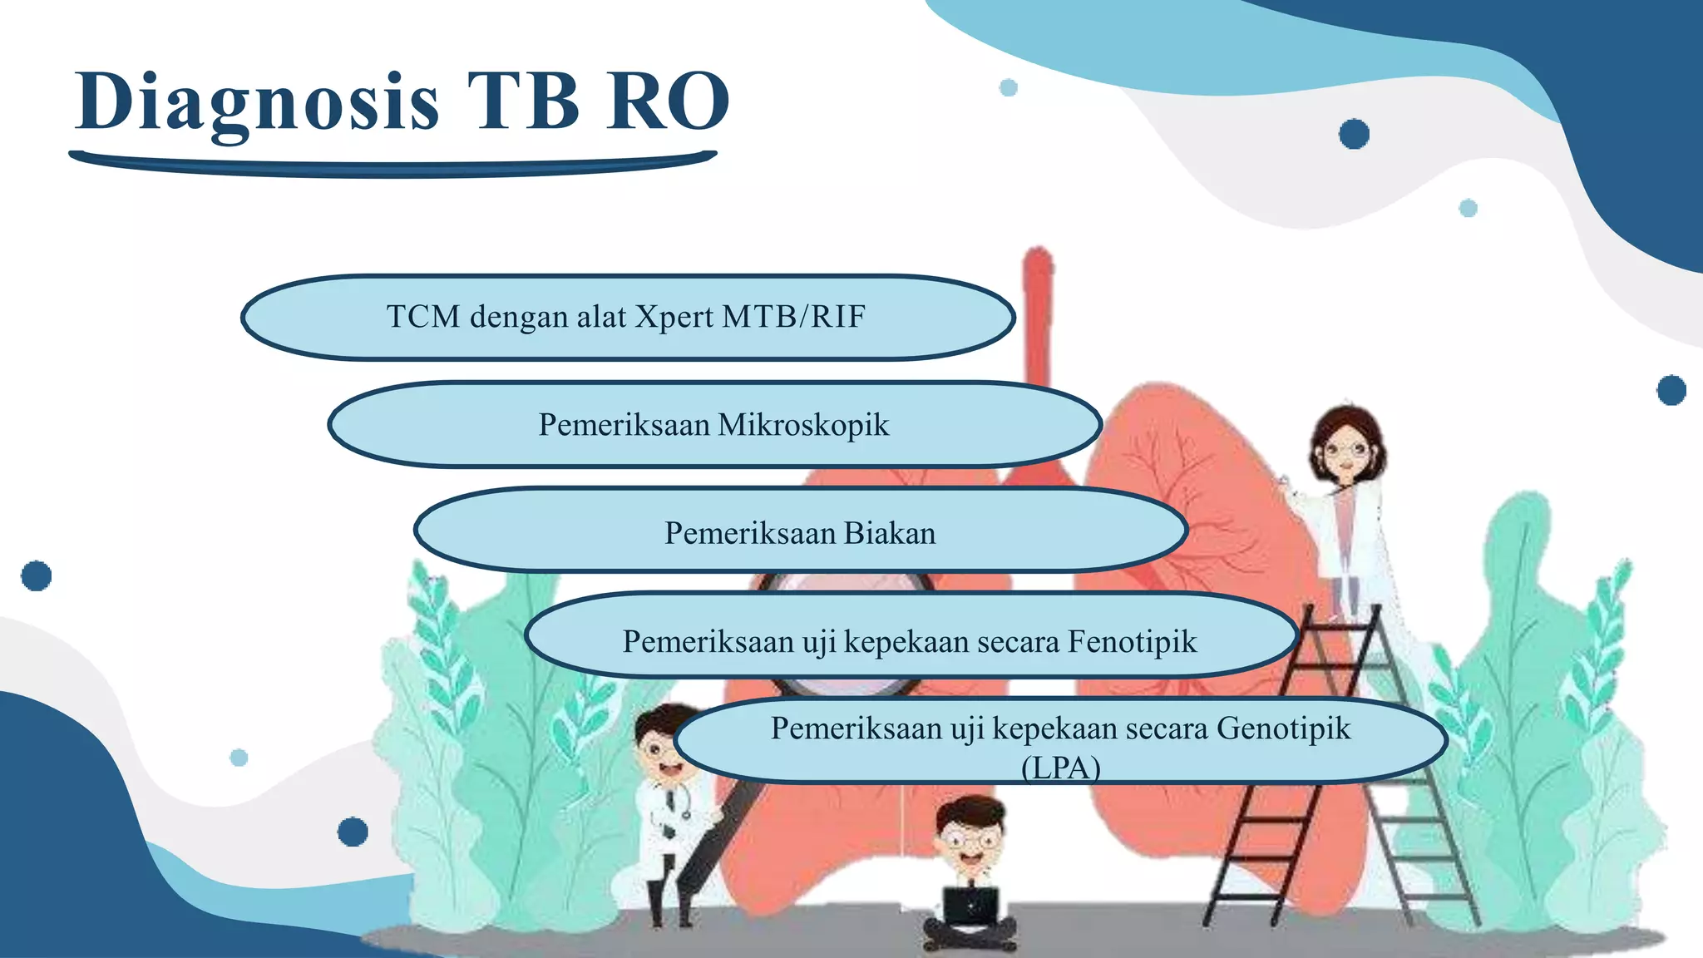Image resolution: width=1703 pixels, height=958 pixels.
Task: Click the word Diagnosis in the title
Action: click(x=257, y=102)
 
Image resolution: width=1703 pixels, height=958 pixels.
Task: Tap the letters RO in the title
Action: click(x=668, y=102)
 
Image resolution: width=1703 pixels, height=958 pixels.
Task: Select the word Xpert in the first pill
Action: click(x=674, y=317)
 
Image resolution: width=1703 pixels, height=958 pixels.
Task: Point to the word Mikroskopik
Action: click(x=803, y=425)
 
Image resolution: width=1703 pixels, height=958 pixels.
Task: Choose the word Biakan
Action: click(x=890, y=533)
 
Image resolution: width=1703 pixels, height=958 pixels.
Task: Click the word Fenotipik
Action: click(x=1132, y=641)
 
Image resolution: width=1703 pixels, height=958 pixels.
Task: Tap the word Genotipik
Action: click(x=1283, y=728)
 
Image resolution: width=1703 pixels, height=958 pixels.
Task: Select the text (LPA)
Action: click(x=1060, y=768)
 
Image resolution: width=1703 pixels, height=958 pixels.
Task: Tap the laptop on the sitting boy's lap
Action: click(x=971, y=906)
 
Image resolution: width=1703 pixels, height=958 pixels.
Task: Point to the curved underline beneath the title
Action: click(x=391, y=166)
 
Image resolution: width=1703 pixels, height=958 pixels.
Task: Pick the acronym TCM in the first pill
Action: click(x=423, y=317)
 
